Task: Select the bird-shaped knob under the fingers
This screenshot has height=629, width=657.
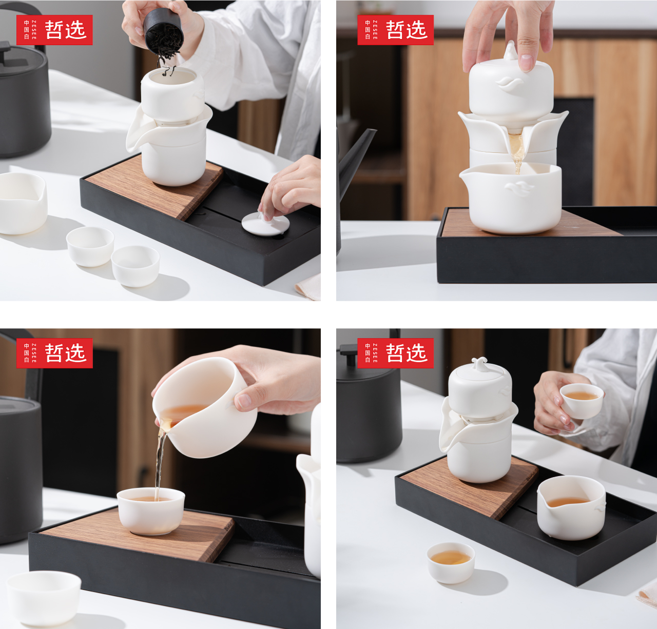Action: point(511,51)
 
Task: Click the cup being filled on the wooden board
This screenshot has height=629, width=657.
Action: point(150,510)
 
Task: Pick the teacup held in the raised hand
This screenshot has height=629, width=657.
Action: point(581,400)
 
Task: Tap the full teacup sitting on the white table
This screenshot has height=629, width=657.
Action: point(451,562)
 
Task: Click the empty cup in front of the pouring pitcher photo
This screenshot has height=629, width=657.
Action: point(44,598)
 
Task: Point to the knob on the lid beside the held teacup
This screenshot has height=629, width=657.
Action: point(479,363)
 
